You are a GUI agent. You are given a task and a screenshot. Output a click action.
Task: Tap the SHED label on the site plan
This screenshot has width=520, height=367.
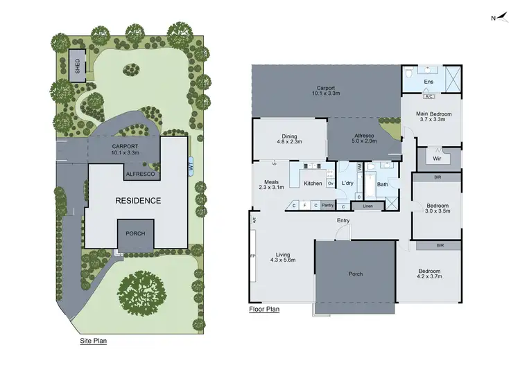pyautogui.click(x=78, y=66)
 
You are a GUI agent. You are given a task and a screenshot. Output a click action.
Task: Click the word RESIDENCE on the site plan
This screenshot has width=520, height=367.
pyautogui.click(x=139, y=201)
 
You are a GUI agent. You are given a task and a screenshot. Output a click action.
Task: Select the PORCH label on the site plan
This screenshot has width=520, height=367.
pyautogui.click(x=135, y=233)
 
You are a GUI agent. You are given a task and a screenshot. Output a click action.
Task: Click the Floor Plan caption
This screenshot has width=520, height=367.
pyautogui.click(x=263, y=310)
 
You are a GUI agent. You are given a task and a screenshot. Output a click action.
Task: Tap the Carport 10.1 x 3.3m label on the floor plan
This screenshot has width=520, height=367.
pyautogui.click(x=327, y=91)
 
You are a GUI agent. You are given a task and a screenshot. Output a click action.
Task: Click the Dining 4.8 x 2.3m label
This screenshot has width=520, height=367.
pyautogui.click(x=289, y=140)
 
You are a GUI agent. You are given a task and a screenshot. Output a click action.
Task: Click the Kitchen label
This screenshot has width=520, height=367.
pyautogui.click(x=313, y=183)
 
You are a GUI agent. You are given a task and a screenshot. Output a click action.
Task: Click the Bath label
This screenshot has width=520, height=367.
pyautogui.click(x=382, y=184)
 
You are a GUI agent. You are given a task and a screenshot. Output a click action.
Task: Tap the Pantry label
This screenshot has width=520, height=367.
pyautogui.click(x=328, y=205)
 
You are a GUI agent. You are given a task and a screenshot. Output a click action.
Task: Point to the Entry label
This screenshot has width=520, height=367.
pyautogui.click(x=343, y=220)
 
